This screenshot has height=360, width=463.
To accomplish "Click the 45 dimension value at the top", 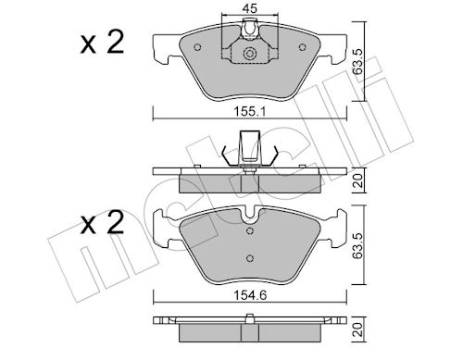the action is click(250, 9).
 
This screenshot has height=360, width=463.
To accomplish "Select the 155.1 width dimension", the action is click(250, 111).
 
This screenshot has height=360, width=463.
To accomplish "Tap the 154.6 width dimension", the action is click(250, 295).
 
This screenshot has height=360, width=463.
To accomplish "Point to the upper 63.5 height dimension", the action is click(357, 61).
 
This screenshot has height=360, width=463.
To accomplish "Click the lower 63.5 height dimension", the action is click(357, 245).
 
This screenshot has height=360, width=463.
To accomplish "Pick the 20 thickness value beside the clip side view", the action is click(358, 180).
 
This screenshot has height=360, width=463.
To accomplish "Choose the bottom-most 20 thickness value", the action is click(358, 329).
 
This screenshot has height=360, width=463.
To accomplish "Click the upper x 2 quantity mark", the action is click(102, 43).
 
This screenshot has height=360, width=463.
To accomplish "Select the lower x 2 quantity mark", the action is click(102, 222).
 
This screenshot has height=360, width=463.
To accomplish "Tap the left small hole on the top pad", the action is click(197, 47).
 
